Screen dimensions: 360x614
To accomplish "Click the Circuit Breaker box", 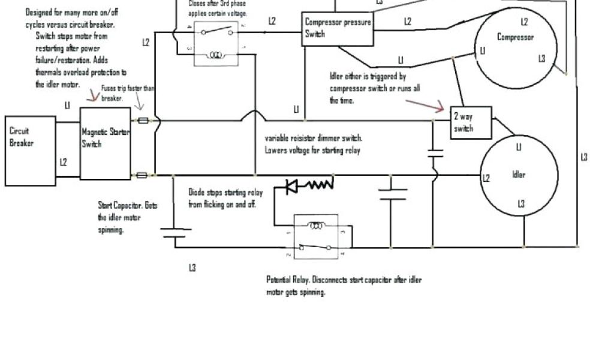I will tap(30, 150).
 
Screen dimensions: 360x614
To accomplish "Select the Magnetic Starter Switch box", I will tap(105, 144).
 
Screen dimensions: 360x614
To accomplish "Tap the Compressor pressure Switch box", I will tap(337, 28).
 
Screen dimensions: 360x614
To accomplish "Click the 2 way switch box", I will tap(471, 123).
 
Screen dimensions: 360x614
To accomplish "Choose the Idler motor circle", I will tap(519, 175).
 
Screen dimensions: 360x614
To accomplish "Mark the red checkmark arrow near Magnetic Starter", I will tap(92, 95).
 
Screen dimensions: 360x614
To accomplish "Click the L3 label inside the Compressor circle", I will tap(541, 58).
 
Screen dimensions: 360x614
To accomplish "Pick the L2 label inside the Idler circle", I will tap(486, 178).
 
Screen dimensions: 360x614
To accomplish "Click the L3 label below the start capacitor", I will tap(192, 268).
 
